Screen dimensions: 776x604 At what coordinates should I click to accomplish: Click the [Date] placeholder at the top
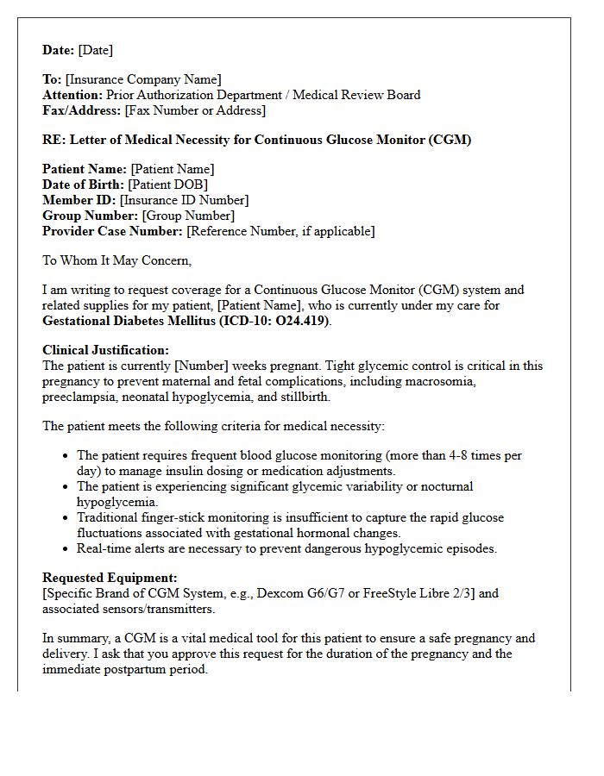click(x=95, y=50)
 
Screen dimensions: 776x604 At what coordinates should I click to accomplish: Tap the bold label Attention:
click(x=72, y=95)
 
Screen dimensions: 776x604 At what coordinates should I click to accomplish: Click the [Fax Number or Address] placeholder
click(x=195, y=110)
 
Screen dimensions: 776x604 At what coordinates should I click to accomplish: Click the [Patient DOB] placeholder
click(x=167, y=185)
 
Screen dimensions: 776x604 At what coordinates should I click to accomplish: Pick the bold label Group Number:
click(x=91, y=216)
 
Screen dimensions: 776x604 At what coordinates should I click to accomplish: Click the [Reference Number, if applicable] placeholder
click(x=280, y=231)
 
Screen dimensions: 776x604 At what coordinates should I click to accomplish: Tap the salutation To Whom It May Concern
click(x=117, y=260)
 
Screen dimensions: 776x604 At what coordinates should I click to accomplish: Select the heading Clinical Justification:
click(x=106, y=350)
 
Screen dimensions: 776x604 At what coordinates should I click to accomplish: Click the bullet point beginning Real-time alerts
click(x=286, y=548)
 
